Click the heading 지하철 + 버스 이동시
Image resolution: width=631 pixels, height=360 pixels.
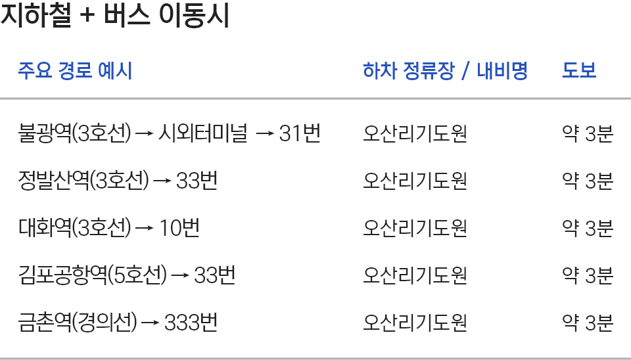click(x=115, y=16)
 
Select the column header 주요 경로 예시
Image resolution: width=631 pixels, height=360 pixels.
click(x=75, y=70)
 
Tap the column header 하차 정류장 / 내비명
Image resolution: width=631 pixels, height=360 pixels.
click(x=445, y=70)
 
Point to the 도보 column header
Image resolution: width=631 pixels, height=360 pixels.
click(x=578, y=70)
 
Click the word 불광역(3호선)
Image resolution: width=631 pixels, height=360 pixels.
click(x=75, y=134)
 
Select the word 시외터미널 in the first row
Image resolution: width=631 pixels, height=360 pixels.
click(x=203, y=134)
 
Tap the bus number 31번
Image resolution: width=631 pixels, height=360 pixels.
click(x=300, y=134)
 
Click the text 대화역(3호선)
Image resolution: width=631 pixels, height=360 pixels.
click(x=75, y=229)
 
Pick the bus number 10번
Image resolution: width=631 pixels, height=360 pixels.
click(x=179, y=229)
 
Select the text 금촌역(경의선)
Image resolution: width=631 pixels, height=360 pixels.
click(x=78, y=323)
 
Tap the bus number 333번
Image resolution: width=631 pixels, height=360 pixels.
click(x=191, y=323)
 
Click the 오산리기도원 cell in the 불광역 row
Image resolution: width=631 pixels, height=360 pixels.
click(x=415, y=134)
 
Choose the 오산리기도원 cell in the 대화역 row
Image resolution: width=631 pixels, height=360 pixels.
click(x=415, y=229)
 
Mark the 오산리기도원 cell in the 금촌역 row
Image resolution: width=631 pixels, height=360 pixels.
click(x=415, y=323)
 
